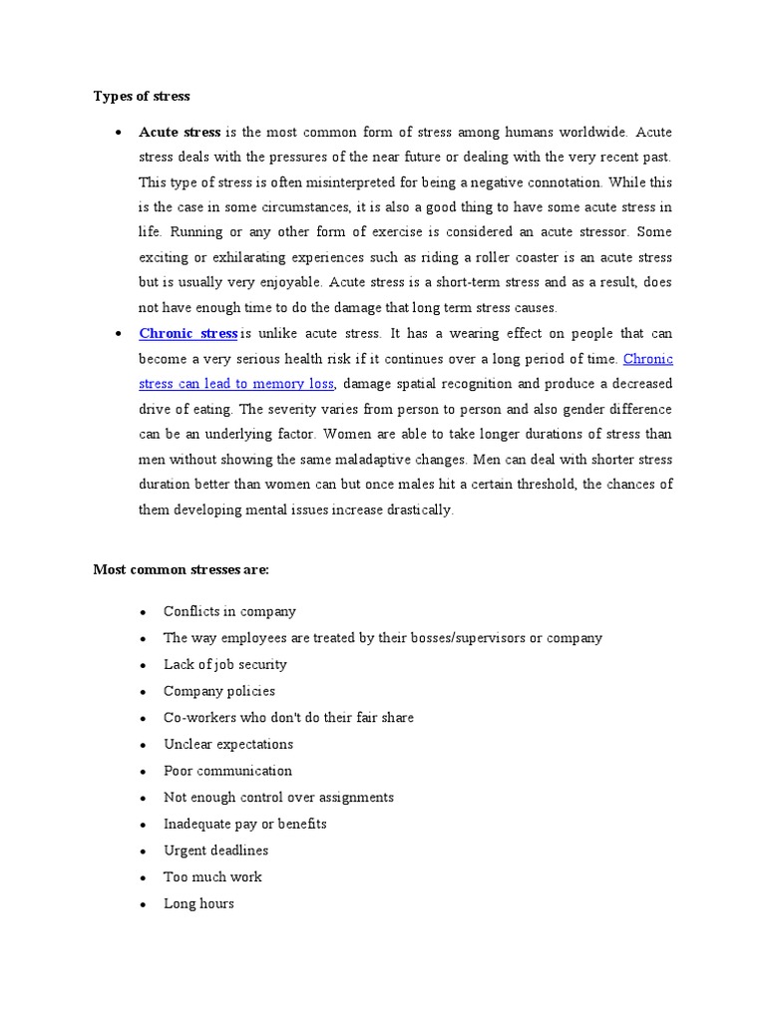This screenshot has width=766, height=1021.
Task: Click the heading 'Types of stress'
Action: pos(142,97)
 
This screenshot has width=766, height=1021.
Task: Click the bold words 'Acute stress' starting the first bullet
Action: pos(180,132)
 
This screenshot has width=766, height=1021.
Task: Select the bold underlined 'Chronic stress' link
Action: pos(188,333)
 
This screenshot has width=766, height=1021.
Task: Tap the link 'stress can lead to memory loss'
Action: pos(236,384)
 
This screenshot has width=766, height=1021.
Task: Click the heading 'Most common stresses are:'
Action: pos(181,569)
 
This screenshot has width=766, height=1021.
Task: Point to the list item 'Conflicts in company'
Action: pos(229,611)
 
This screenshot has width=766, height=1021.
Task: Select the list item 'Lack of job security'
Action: pos(224,664)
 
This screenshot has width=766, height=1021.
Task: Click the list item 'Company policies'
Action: pos(219,691)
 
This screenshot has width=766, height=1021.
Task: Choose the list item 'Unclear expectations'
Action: pos(228,744)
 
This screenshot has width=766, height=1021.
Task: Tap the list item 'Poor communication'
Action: pos(227,771)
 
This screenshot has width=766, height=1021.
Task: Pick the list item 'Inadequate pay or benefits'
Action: pos(245,824)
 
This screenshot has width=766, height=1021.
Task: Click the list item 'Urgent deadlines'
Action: pos(215,851)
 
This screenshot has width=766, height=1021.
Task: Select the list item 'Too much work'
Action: pos(212,876)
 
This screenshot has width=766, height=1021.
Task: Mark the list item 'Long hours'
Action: pos(198,903)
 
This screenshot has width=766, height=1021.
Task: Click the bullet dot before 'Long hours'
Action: pos(144,904)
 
